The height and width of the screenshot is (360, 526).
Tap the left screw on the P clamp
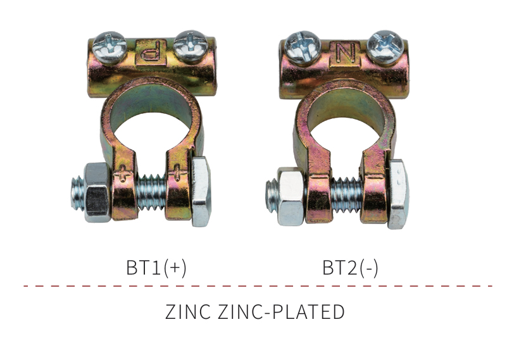point(110,47)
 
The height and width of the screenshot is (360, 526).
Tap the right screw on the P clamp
point(191,46)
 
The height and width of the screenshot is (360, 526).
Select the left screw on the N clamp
point(303,47)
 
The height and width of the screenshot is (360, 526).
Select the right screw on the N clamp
point(385,47)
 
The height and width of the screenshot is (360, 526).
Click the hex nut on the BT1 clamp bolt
point(97,192)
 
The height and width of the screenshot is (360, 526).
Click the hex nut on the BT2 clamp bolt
point(291,196)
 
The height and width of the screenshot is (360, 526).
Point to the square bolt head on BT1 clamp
point(201,192)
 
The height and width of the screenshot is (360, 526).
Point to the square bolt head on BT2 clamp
point(398,194)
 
